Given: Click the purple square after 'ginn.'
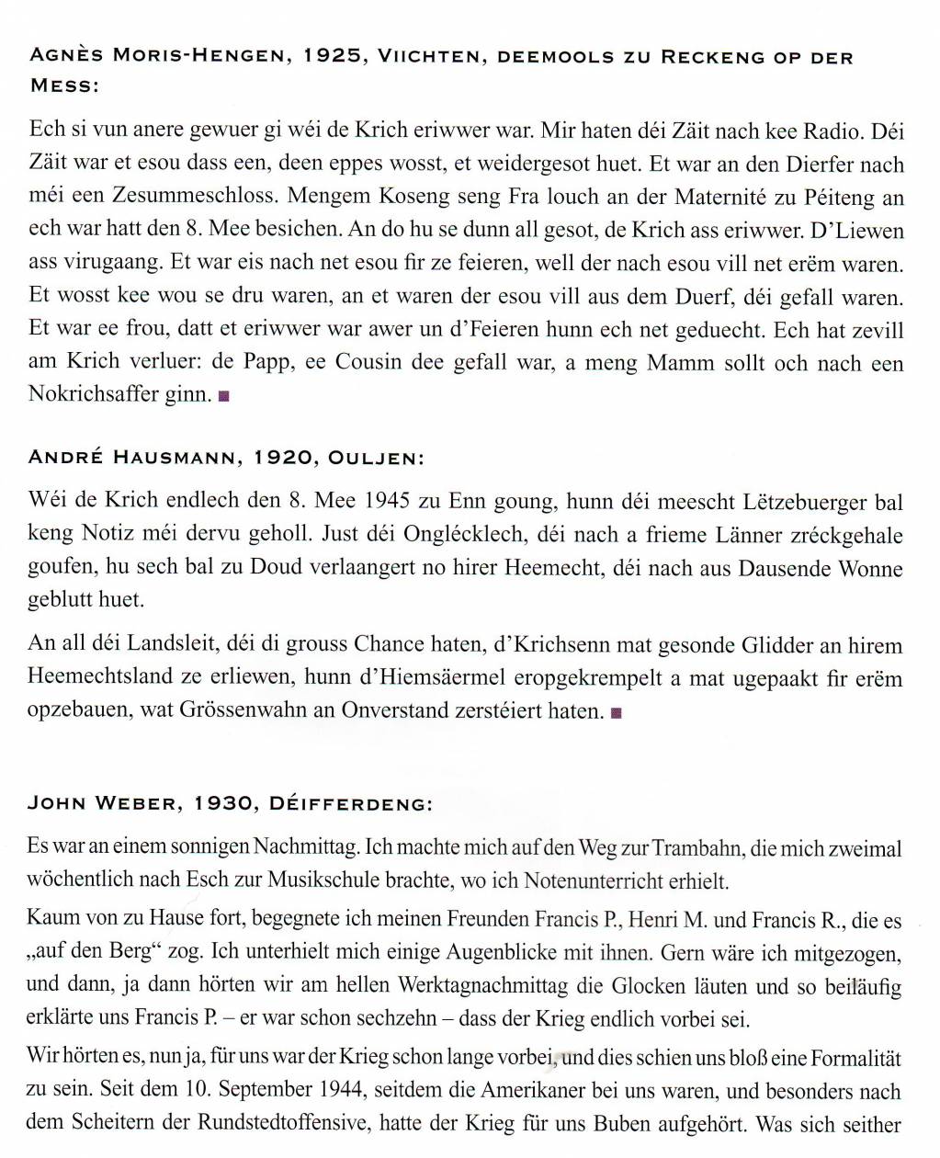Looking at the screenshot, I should tap(224, 397).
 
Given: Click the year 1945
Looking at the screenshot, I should tap(387, 502).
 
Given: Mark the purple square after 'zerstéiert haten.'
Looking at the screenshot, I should tap(616, 712).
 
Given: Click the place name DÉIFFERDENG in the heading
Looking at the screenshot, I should tap(349, 804).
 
